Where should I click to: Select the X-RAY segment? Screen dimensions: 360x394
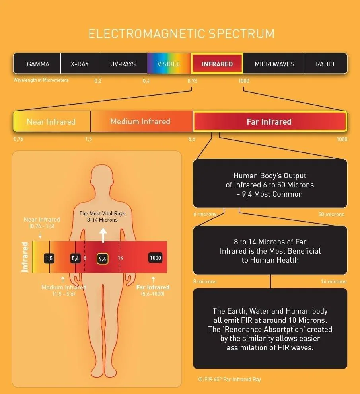coord(80,63)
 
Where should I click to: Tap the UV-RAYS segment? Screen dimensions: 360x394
coord(123,63)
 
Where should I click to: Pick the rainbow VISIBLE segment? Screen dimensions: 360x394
coord(169,63)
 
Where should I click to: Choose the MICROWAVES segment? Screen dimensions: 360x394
coord(274,63)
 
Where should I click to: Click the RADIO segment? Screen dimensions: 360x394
coord(326,63)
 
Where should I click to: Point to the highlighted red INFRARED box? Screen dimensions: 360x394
coord(217,63)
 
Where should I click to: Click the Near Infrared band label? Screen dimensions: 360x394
coord(51,122)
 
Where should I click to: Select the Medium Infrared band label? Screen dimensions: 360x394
coord(140,122)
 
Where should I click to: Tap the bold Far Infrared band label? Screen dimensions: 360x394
coord(269,122)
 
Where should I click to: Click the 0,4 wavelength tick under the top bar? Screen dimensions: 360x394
coord(146,81)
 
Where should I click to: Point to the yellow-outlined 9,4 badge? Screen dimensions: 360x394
coord(103,259)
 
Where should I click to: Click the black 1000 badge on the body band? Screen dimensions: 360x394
coord(155,258)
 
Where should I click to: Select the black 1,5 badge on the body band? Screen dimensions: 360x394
coord(49,258)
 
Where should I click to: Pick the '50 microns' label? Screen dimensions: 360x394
coord(331,215)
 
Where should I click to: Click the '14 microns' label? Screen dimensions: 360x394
coord(334,281)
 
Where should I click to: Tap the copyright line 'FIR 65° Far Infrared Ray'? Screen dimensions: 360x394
coord(230,379)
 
